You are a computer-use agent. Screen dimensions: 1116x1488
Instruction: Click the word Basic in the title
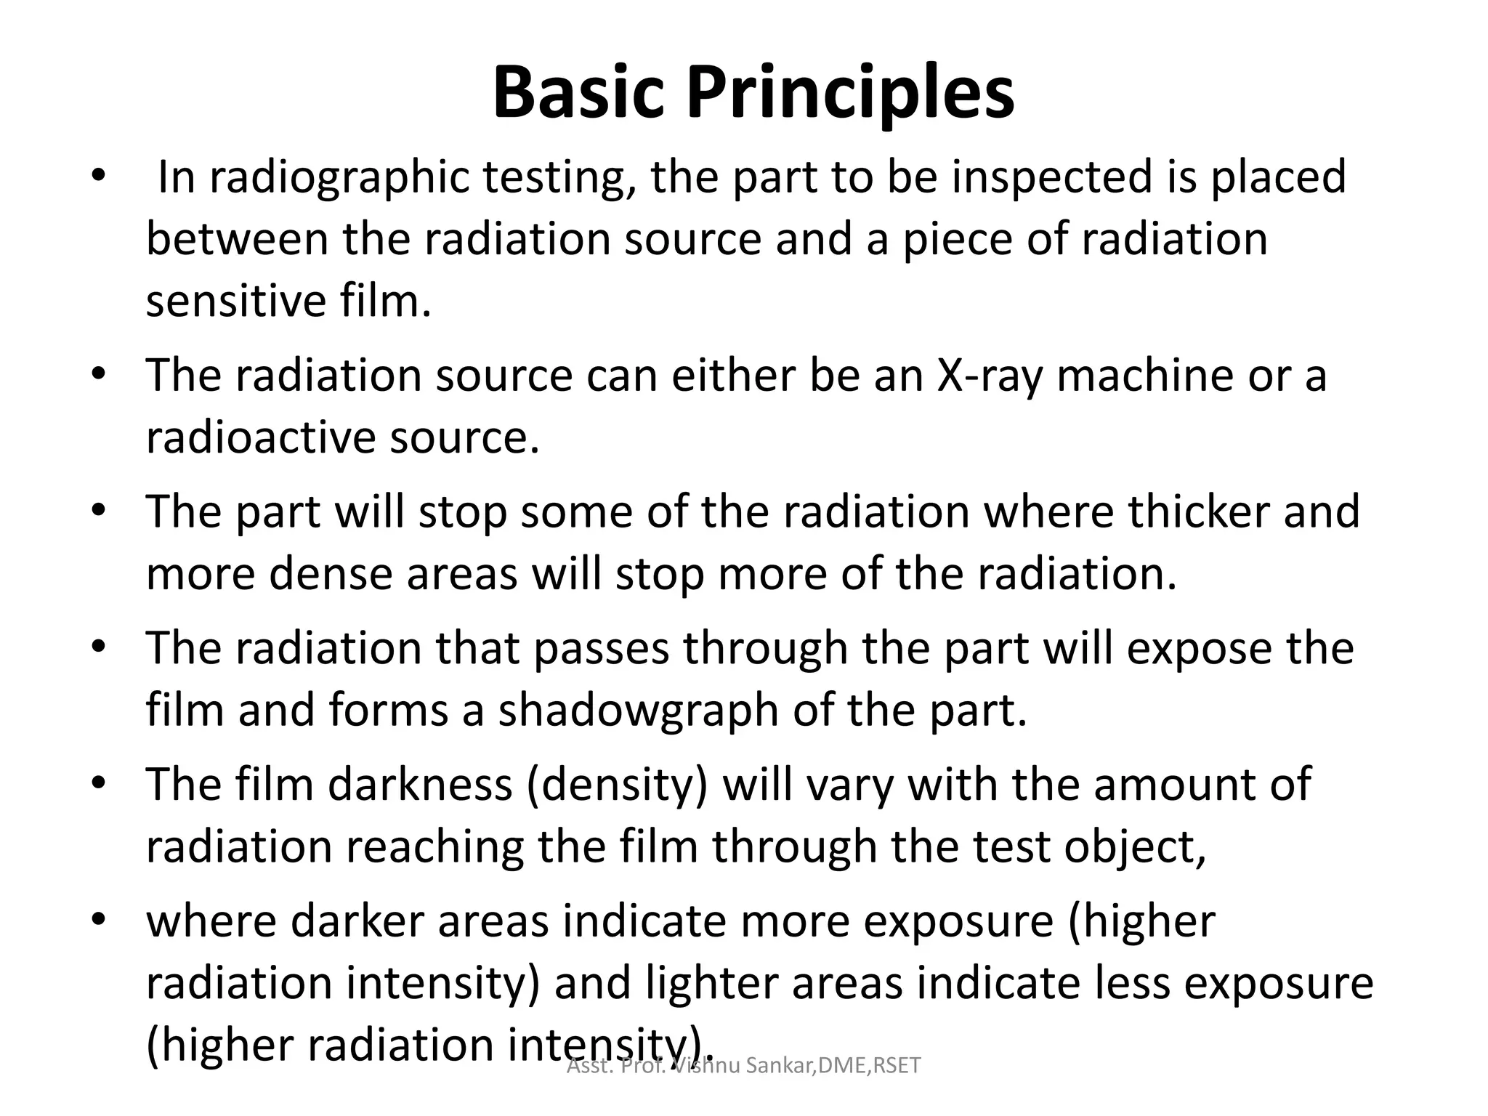click(578, 93)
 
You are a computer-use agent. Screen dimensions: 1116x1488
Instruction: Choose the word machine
click(1144, 376)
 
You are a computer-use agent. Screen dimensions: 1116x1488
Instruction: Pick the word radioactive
click(262, 437)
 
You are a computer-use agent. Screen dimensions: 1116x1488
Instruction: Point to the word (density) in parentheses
click(617, 785)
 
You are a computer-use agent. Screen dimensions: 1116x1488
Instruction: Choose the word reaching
click(435, 847)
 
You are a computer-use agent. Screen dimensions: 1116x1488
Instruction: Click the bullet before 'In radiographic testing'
click(100, 177)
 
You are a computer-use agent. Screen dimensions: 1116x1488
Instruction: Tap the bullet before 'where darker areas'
click(100, 920)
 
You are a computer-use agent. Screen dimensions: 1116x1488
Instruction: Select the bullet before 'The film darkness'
click(100, 784)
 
